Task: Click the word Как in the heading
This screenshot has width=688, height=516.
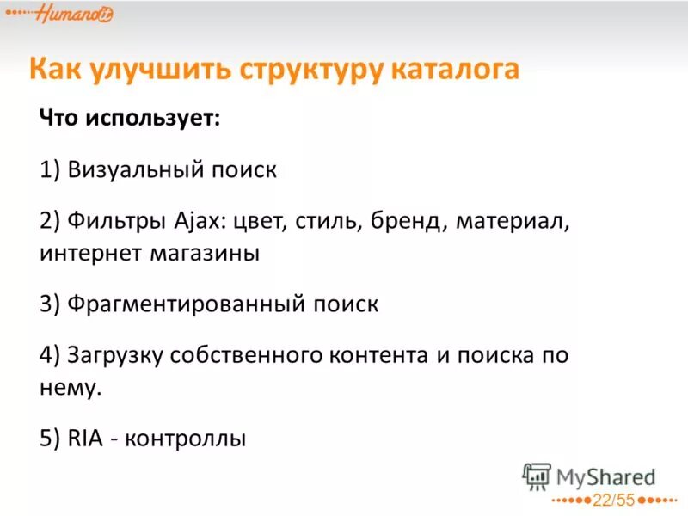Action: (57, 69)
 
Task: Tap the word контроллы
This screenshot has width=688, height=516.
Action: (186, 439)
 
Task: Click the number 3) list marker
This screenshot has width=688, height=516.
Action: (49, 304)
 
